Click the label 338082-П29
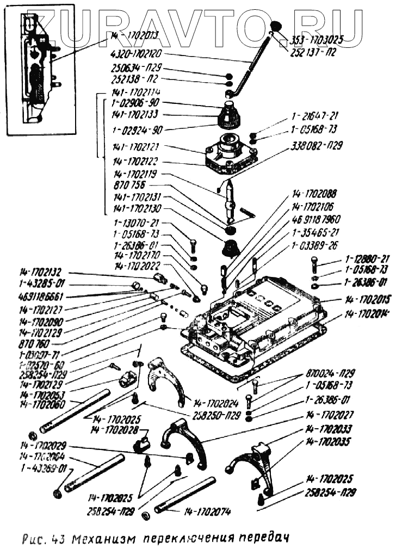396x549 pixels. [x=321, y=145]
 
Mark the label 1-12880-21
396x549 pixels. [x=367, y=258]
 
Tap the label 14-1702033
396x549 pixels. [x=330, y=428]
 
